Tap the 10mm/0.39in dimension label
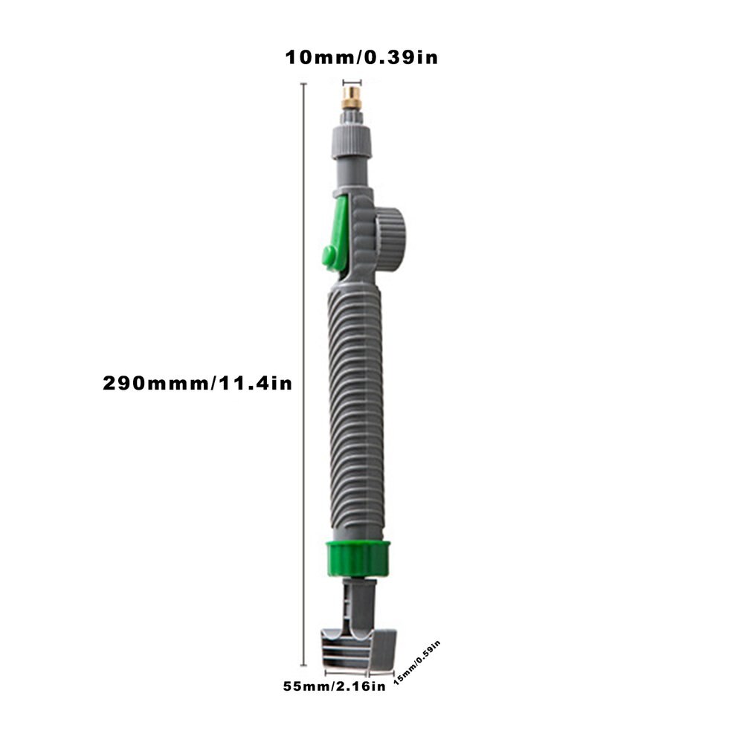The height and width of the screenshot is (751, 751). coord(361,58)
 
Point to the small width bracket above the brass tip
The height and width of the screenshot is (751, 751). coord(351,83)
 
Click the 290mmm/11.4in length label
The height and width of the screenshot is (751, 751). coord(197,384)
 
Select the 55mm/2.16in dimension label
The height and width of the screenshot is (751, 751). coord(334,686)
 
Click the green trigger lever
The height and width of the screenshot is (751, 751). coord(334,231)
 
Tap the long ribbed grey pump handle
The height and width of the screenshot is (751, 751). coord(355,409)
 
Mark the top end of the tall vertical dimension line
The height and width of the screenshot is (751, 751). coord(303,85)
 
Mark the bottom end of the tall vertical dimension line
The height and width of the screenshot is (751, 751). coord(303,666)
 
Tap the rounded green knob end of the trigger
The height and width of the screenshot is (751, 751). coord(328,257)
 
